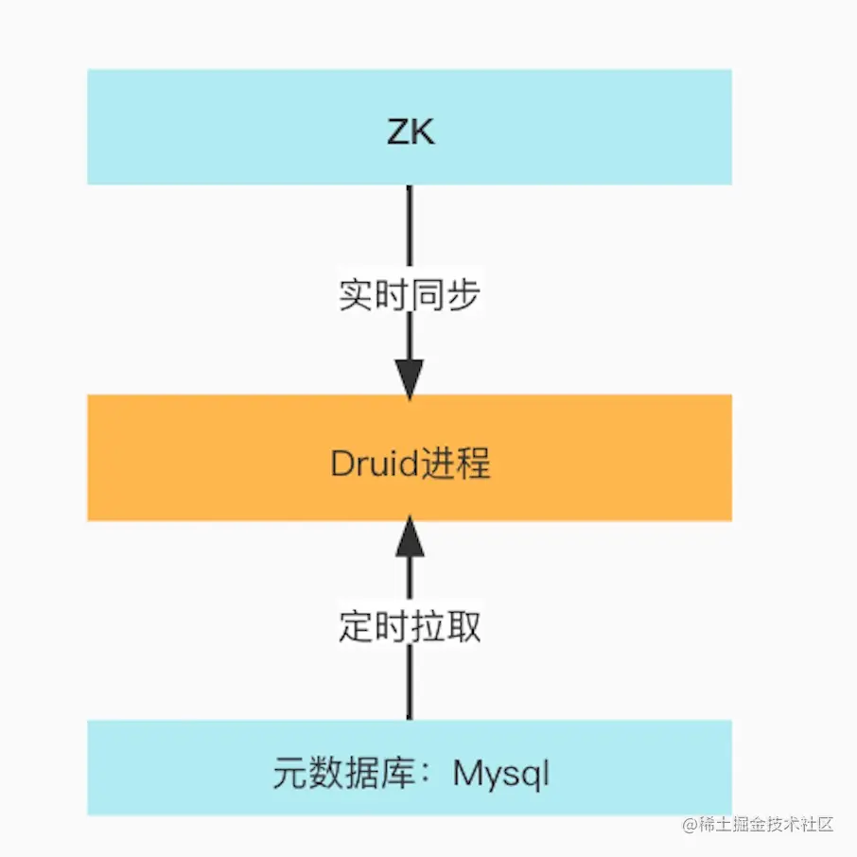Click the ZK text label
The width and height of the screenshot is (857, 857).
(411, 131)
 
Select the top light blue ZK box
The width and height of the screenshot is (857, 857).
(236, 127)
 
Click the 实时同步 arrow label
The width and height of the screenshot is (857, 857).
(410, 295)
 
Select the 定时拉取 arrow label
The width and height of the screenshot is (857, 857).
(410, 626)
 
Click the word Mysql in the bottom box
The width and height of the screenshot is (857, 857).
(500, 775)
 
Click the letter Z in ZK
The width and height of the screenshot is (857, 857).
(398, 131)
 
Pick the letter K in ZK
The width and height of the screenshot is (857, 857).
(423, 131)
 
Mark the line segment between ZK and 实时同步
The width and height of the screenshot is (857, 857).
(410, 227)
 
